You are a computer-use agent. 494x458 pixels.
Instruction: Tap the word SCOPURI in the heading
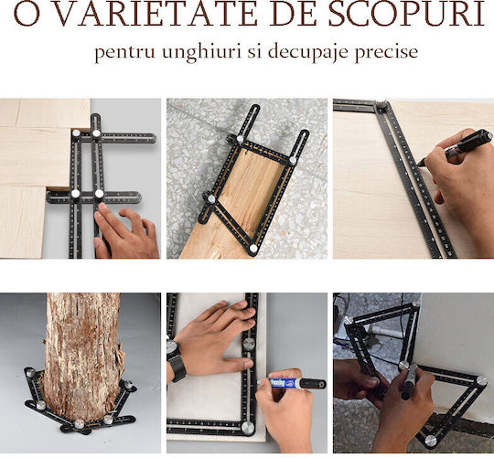[407, 14]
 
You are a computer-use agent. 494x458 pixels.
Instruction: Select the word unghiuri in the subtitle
[201, 53]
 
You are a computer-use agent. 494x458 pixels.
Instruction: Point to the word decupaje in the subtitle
[307, 53]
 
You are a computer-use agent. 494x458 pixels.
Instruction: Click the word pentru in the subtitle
[124, 53]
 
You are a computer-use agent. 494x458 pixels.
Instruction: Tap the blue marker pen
[293, 383]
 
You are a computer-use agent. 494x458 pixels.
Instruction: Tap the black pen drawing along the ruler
[456, 146]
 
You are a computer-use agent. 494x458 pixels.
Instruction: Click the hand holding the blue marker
[285, 410]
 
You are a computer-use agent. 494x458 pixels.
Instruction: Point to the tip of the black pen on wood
[418, 164]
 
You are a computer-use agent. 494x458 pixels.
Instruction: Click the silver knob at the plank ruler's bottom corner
[253, 249]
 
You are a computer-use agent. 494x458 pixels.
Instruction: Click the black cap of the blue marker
[312, 384]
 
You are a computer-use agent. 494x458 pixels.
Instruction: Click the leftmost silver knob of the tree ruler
[30, 373]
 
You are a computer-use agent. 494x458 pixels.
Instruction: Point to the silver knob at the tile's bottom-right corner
[248, 428]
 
